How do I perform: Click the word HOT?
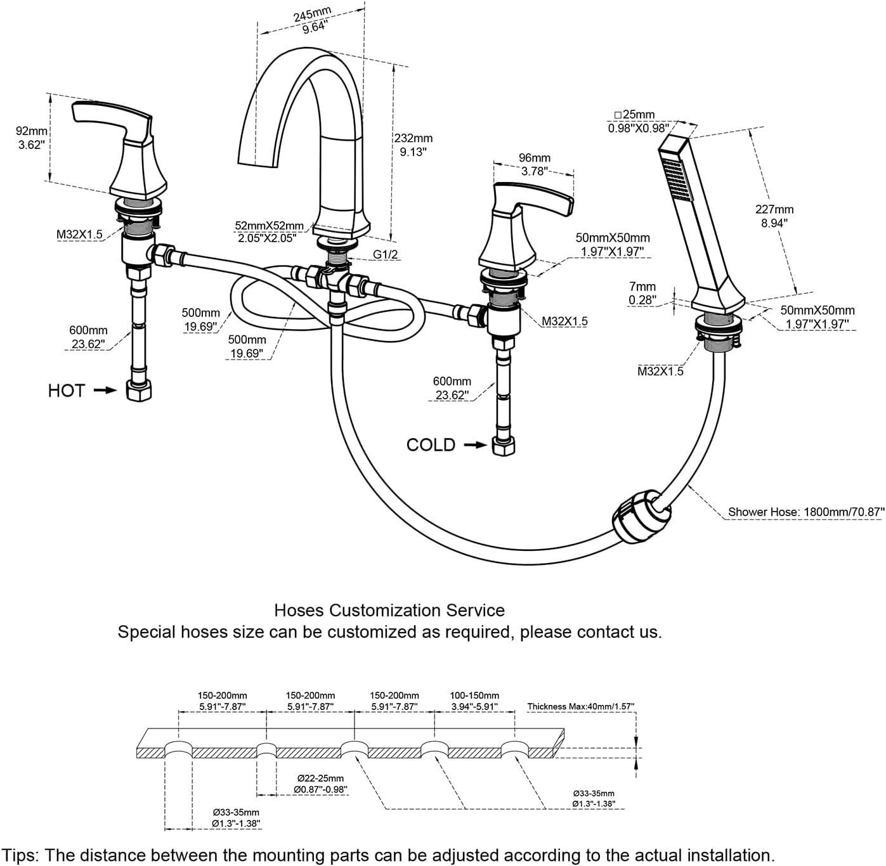click(x=66, y=391)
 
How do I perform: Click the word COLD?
click(x=431, y=445)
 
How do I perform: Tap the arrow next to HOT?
click(x=105, y=391)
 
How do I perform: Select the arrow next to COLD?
click(x=476, y=445)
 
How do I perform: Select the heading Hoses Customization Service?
click(x=389, y=611)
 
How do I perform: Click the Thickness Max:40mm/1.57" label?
click(x=580, y=706)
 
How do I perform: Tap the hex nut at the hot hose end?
click(x=139, y=391)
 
